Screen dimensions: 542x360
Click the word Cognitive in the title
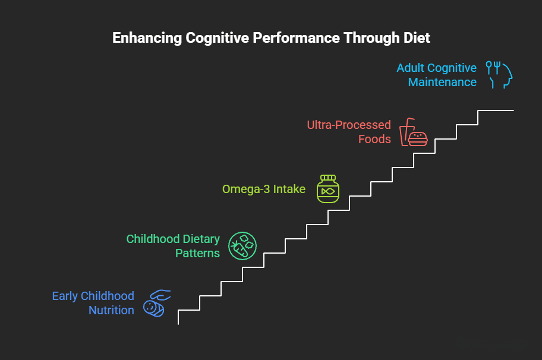click(x=217, y=38)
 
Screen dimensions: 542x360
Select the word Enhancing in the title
click(x=147, y=38)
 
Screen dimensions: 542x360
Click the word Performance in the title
click(x=296, y=37)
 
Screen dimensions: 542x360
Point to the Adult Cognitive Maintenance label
click(x=437, y=75)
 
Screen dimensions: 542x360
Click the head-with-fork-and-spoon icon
click(x=499, y=75)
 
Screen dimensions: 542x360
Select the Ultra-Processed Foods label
click(x=349, y=132)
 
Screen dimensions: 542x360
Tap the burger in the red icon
click(x=418, y=139)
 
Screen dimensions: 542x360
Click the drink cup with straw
click(x=406, y=132)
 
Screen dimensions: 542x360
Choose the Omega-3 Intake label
click(x=264, y=189)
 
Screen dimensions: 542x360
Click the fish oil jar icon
click(x=328, y=189)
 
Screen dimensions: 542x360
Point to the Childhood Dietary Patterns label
click(x=173, y=246)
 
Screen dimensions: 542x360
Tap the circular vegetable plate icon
click(x=242, y=246)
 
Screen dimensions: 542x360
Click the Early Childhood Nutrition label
click(x=93, y=303)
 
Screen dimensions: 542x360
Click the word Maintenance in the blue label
click(x=442, y=82)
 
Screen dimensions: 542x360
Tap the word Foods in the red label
click(x=374, y=139)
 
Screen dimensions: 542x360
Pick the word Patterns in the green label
click(x=197, y=253)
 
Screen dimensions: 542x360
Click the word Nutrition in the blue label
click(x=111, y=310)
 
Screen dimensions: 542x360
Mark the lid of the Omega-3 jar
click(x=328, y=178)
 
